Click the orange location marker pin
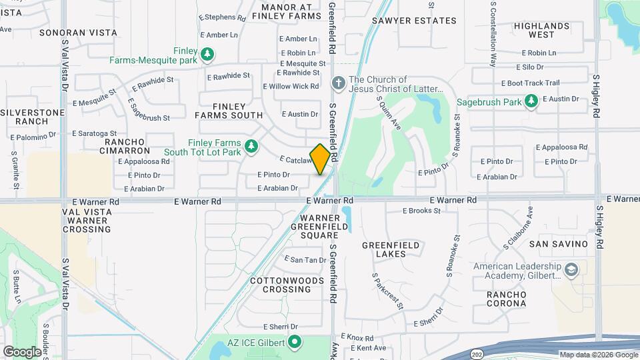[321, 159]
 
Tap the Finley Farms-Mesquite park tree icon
[208, 53]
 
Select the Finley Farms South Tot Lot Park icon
[251, 147]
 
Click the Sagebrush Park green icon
[531, 102]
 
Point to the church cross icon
[338, 84]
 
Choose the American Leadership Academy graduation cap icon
[571, 270]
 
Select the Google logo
[22, 351]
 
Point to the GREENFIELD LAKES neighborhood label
[391, 249]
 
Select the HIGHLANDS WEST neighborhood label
[543, 30]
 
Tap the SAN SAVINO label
[559, 244]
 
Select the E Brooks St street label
[421, 211]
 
